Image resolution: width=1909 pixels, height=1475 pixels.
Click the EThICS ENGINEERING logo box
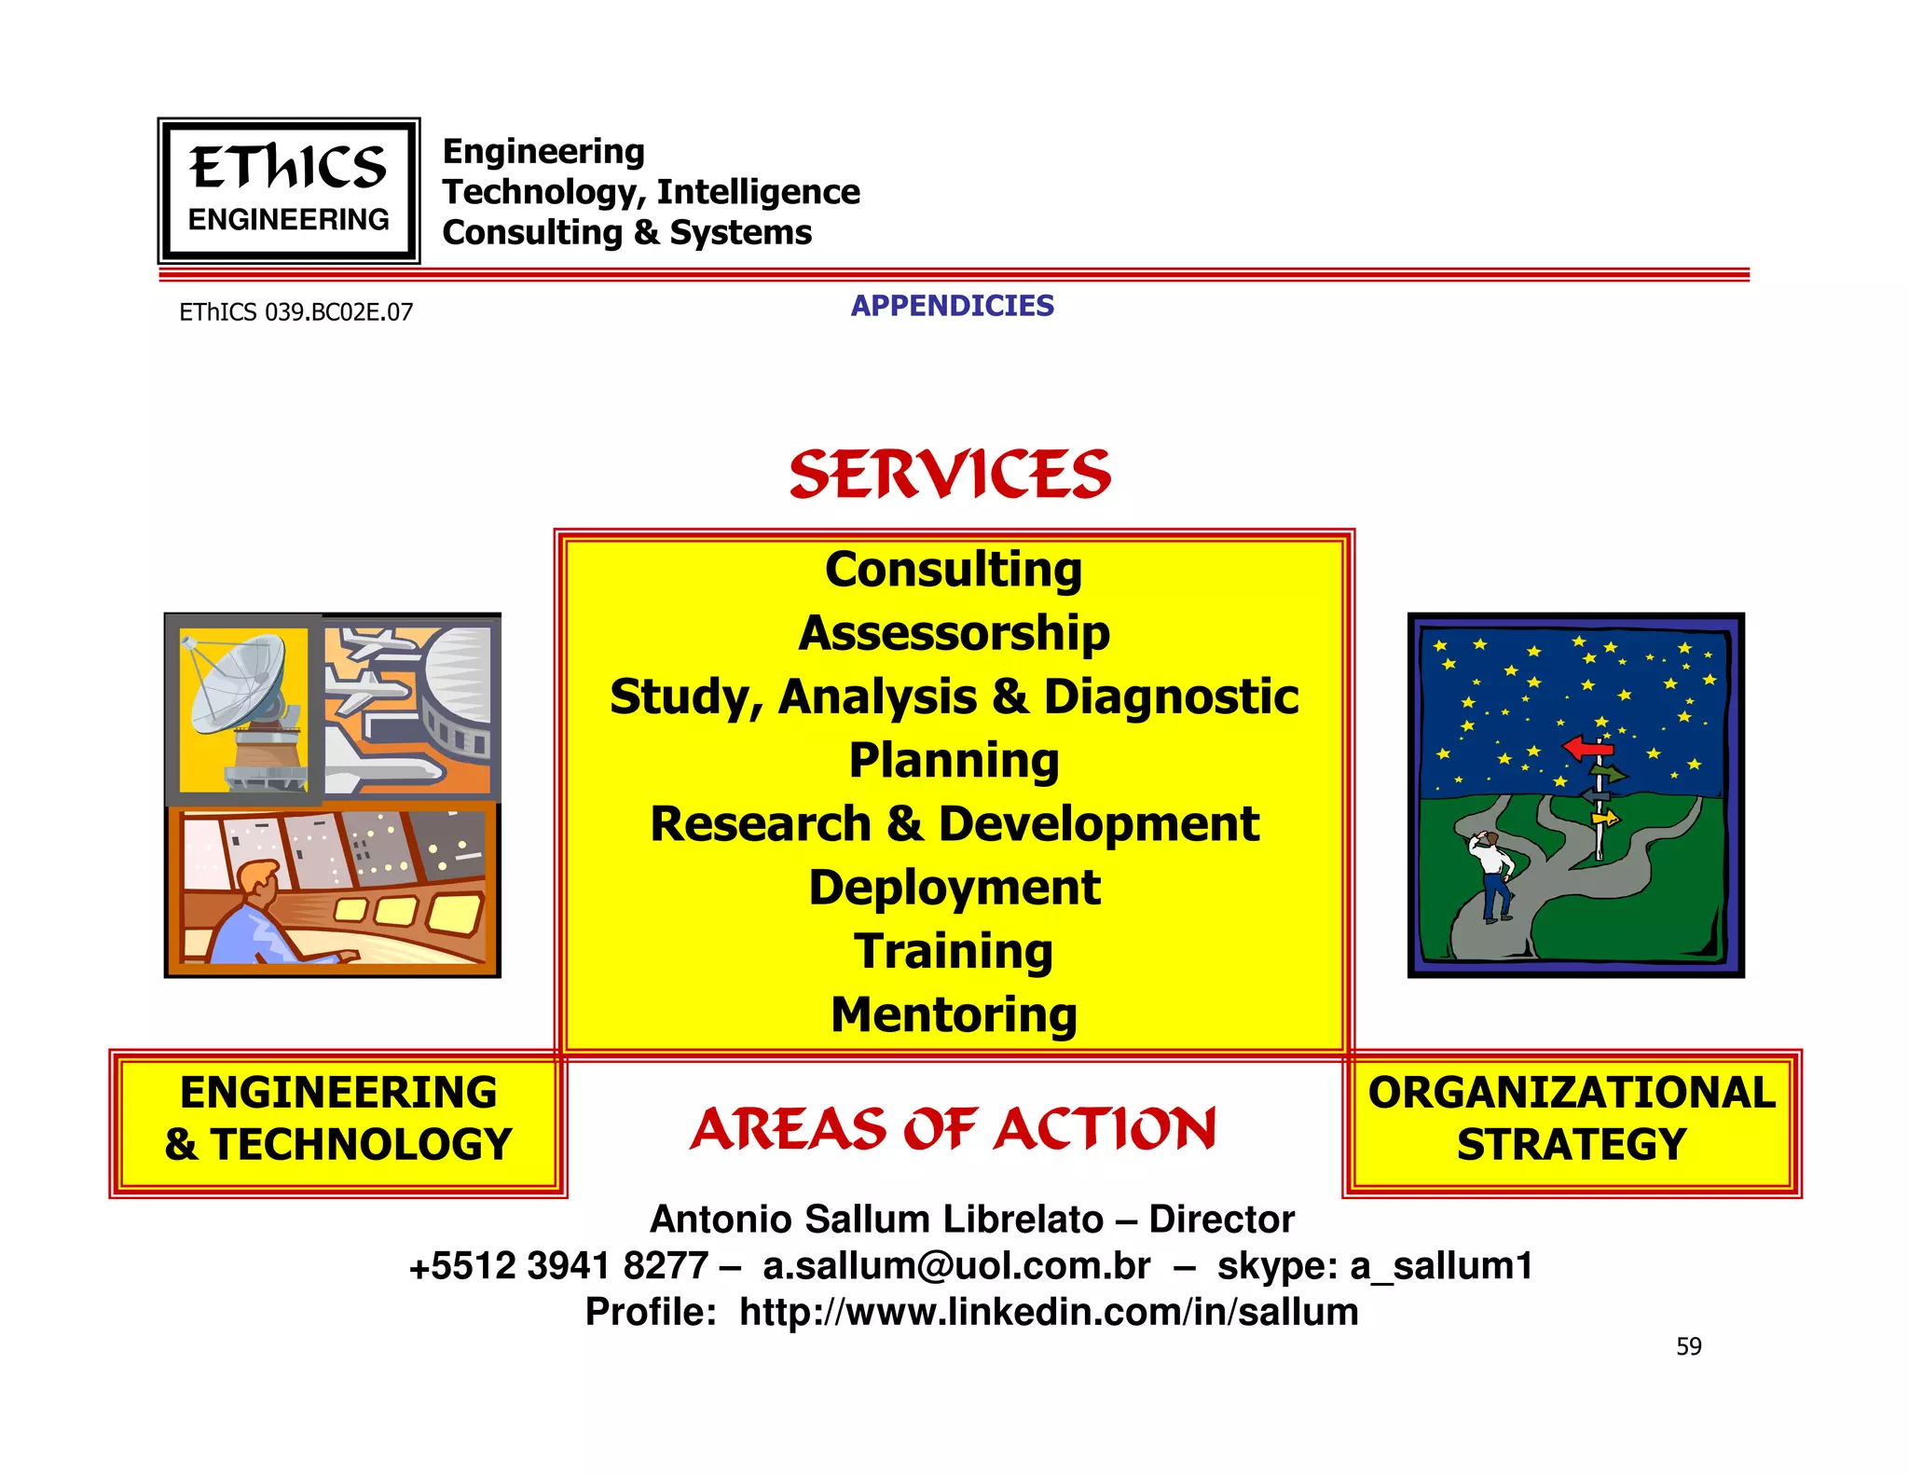coord(288,191)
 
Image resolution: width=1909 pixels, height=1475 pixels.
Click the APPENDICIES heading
coord(952,306)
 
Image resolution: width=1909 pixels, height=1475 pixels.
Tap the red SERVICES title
coord(950,474)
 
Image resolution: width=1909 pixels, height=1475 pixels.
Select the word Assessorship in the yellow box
coord(954,633)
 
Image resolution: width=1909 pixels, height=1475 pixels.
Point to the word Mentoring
coord(954,1014)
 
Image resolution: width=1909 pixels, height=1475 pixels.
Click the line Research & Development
coord(954,824)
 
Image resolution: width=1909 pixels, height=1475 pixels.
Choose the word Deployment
coord(954,888)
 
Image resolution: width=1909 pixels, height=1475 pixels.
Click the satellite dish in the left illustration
coord(238,685)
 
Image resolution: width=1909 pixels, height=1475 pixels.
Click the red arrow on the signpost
coord(1586,748)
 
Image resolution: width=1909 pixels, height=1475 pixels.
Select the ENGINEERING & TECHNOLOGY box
coord(337,1120)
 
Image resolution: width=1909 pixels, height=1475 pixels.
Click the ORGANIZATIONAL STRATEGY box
coord(1572,1120)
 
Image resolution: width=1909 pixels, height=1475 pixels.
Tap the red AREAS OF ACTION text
coord(952,1129)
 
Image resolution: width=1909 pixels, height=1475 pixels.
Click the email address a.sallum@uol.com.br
coord(956,1266)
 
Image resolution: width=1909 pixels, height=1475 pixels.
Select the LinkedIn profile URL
coord(1048,1312)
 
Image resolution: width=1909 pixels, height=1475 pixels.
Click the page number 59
coord(1688,1346)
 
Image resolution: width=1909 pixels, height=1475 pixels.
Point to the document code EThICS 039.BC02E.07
coord(295,312)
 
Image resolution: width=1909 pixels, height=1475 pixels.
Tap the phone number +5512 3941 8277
coord(558,1266)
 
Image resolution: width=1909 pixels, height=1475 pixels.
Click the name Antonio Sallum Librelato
coord(876,1220)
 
